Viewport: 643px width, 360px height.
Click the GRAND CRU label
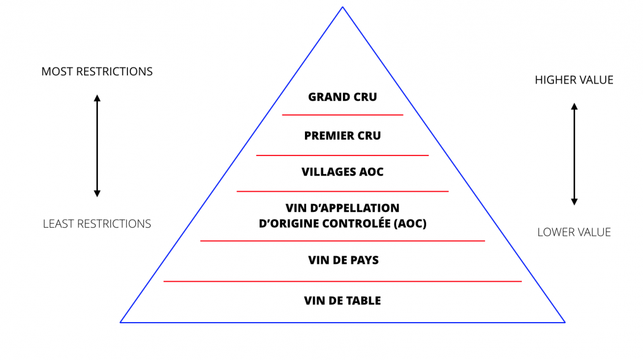[x=342, y=97]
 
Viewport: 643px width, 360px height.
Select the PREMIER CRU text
[x=342, y=136]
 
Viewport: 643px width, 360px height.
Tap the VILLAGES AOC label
[x=342, y=172]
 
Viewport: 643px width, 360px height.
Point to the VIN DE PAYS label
[x=343, y=260]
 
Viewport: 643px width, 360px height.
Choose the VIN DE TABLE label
[x=342, y=301]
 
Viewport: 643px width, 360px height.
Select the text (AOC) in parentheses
[x=411, y=224]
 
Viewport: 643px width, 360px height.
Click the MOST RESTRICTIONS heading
[x=97, y=72]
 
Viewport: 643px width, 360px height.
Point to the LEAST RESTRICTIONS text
[x=97, y=224]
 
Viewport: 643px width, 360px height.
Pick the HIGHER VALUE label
[x=574, y=80]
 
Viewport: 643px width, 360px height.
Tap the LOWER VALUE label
[x=574, y=232]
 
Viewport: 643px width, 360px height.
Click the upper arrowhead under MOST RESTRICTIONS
[x=97, y=97]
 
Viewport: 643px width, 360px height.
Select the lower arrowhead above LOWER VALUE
[x=574, y=201]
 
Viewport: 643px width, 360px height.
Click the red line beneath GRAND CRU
[x=342, y=114]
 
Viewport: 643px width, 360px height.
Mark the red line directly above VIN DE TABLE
[x=342, y=281]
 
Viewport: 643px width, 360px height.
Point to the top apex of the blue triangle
[x=342, y=7]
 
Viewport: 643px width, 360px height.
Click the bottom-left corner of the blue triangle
[x=121, y=321]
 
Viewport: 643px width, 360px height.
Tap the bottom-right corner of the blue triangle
[x=563, y=321]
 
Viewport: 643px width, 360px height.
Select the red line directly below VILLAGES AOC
[x=342, y=191]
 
